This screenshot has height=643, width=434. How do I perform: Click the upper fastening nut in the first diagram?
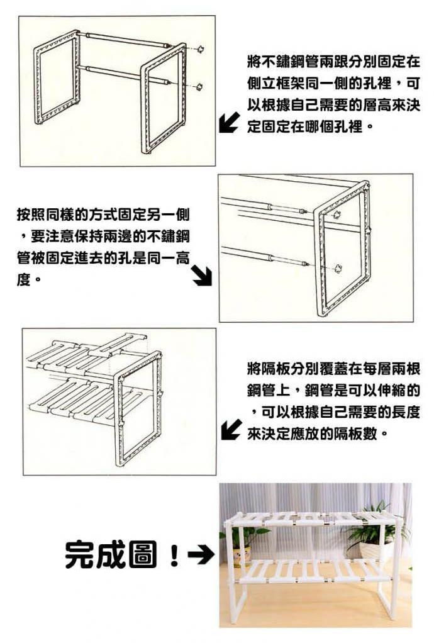[201, 49]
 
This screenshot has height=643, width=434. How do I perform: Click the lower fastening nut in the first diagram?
[199, 87]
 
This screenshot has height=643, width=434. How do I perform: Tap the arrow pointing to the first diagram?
[228, 122]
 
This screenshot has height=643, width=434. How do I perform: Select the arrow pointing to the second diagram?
[203, 276]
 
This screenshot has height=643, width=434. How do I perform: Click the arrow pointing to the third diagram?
[231, 430]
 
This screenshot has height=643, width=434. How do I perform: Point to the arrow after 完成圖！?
[201, 556]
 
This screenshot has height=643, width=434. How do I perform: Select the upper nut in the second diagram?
[337, 214]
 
